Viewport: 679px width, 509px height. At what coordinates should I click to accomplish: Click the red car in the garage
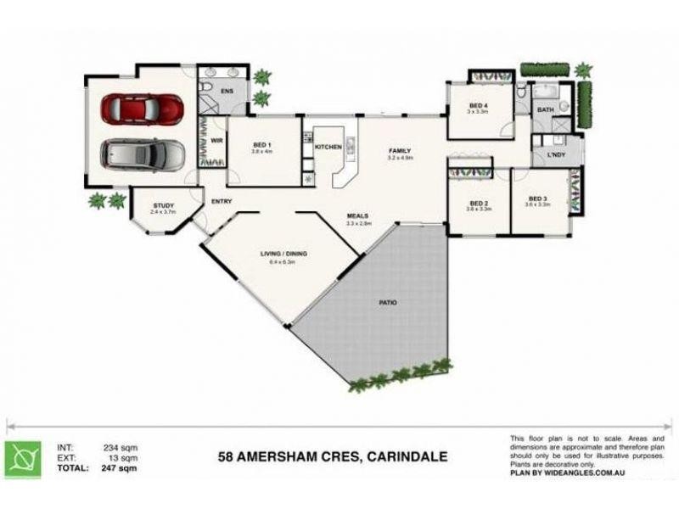(x=142, y=108)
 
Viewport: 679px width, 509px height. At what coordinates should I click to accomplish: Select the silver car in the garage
(x=143, y=154)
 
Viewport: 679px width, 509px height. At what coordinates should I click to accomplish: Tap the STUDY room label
(x=163, y=205)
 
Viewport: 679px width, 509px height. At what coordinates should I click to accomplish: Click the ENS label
(x=227, y=89)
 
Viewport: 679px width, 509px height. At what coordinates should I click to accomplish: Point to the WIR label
(x=217, y=141)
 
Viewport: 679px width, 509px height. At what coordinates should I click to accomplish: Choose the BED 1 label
(x=261, y=146)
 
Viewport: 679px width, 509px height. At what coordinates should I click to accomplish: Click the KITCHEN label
(x=328, y=147)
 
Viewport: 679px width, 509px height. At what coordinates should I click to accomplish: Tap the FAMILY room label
(x=399, y=150)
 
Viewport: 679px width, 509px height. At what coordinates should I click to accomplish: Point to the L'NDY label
(x=557, y=155)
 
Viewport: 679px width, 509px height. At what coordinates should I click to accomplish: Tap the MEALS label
(x=357, y=216)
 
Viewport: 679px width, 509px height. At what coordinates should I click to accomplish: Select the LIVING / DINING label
(x=283, y=254)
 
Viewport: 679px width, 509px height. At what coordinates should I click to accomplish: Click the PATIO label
(x=389, y=302)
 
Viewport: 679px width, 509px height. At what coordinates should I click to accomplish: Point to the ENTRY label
(x=222, y=201)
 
